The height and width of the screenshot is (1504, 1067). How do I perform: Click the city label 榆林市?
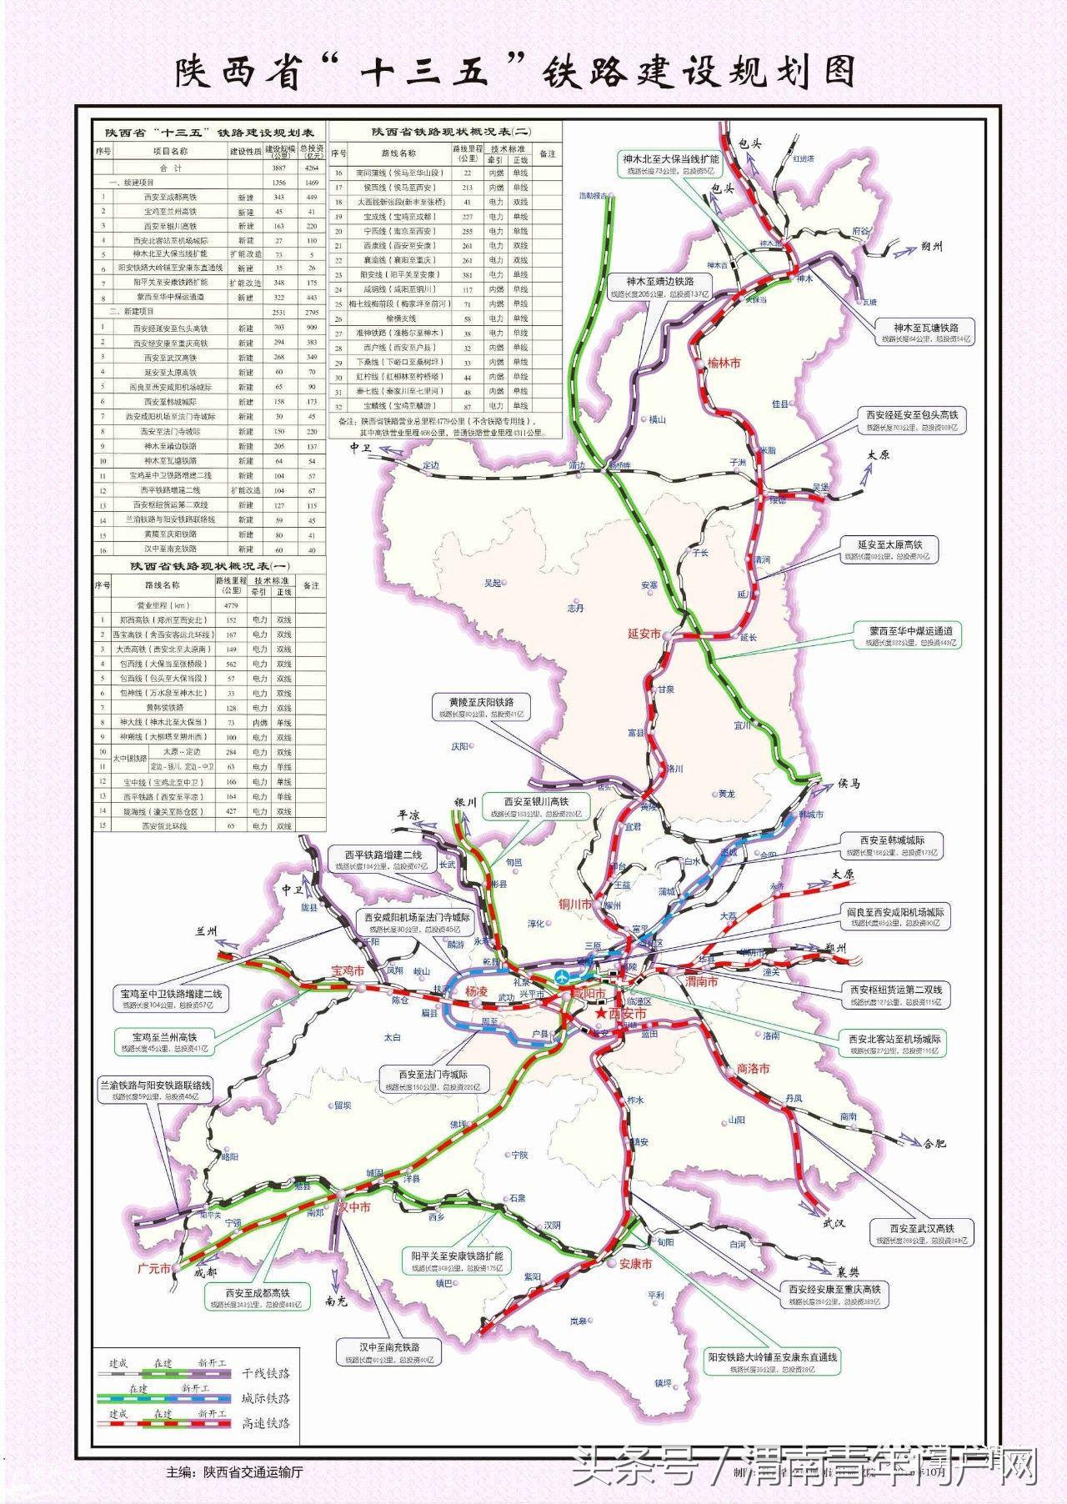point(723,363)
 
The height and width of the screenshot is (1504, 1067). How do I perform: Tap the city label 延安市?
point(644,634)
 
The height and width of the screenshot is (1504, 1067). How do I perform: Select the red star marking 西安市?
point(601,1013)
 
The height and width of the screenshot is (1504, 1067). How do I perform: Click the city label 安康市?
point(635,1263)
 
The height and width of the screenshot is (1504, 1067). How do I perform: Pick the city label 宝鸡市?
point(348,971)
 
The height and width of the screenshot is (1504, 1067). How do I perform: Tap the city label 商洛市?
point(753,1068)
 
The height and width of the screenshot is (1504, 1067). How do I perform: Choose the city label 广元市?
point(153,1268)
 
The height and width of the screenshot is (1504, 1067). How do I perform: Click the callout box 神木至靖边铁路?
point(664,287)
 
